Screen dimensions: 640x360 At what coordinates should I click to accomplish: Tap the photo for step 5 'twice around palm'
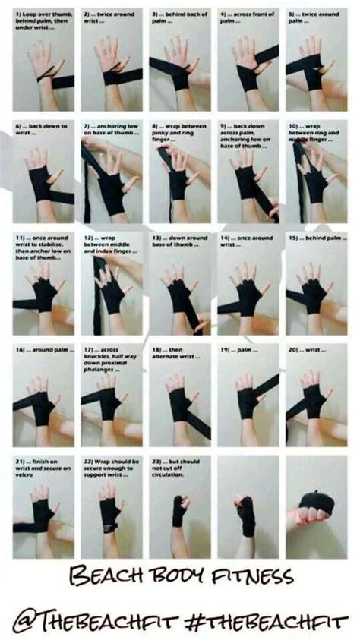tap(315, 65)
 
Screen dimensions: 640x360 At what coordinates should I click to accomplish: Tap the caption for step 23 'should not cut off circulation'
tap(179, 465)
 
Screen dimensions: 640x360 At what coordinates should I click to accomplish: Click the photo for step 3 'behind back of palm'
tap(179, 65)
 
